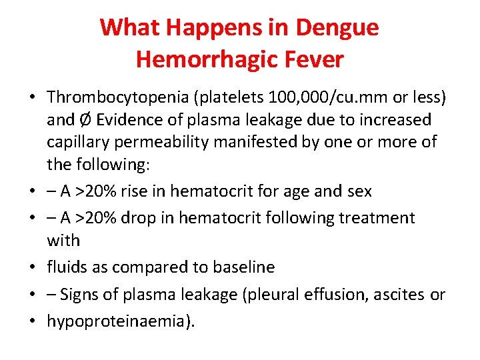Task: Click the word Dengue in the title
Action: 337,27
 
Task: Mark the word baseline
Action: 243,267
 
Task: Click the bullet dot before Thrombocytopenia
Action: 33,98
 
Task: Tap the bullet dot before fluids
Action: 33,268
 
